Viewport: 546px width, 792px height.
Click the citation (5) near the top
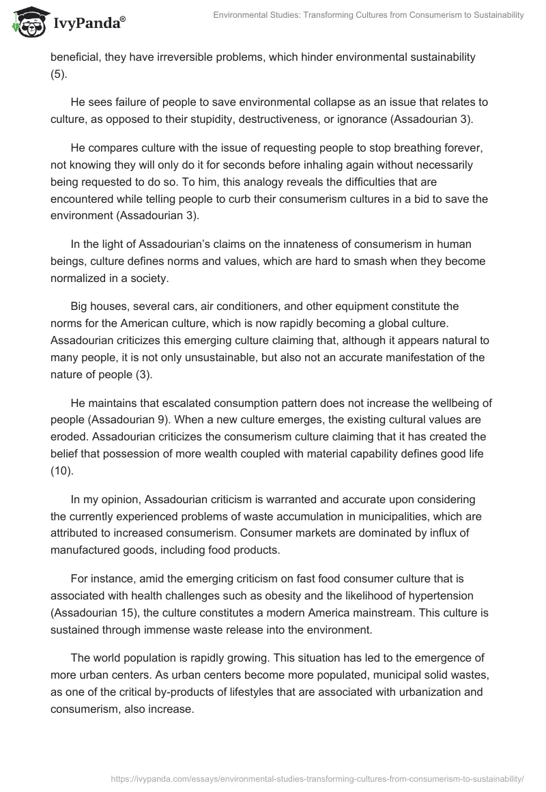pos(59,74)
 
